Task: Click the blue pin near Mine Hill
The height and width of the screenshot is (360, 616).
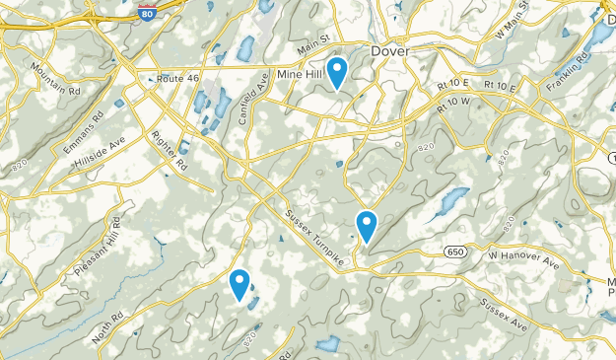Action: tap(337, 72)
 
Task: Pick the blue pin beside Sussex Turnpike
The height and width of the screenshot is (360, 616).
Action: tap(367, 226)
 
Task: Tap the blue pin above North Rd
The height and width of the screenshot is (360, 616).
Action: tap(240, 284)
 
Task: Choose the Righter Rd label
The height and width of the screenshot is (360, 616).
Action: tap(170, 152)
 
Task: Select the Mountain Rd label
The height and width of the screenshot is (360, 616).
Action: tap(55, 78)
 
